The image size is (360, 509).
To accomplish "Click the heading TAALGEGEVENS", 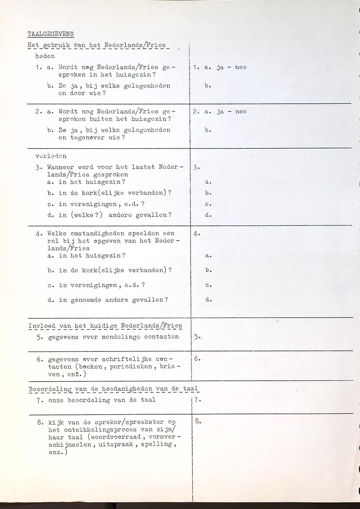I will [x=50, y=34].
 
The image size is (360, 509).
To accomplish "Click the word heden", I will [x=45, y=56].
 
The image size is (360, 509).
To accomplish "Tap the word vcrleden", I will [x=51, y=156].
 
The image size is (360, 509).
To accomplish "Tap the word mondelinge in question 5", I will [x=121, y=337].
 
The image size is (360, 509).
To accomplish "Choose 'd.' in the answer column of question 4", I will [x=208, y=300].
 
